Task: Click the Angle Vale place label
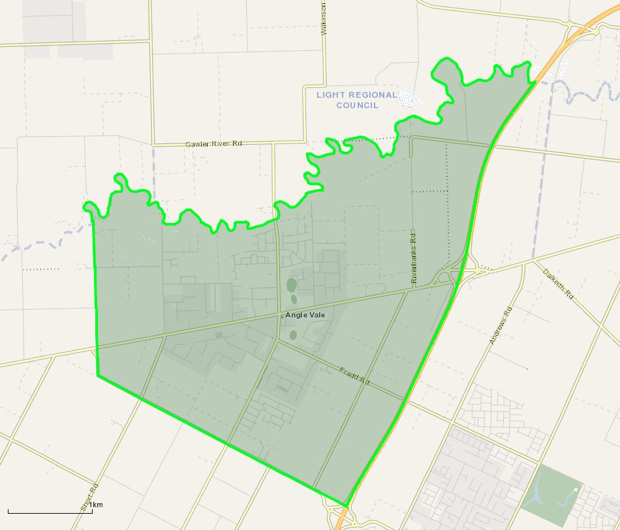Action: tap(305, 315)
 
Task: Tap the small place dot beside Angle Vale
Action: tap(282, 316)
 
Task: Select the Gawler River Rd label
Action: tap(213, 143)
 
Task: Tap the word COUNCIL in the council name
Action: tap(356, 105)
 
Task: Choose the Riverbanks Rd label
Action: tap(413, 256)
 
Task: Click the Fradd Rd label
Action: tap(354, 376)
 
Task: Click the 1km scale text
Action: tap(96, 505)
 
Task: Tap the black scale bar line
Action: tap(50, 512)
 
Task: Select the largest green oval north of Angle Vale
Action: tap(291, 285)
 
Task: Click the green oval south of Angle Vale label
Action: tap(293, 334)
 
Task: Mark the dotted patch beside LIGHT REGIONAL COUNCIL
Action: tap(410, 98)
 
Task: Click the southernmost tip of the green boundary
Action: tap(345, 506)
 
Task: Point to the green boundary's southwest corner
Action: tap(98, 375)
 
